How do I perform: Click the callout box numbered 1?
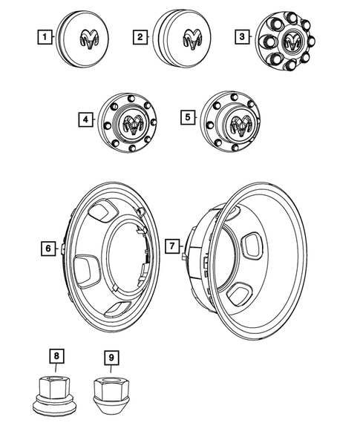46,36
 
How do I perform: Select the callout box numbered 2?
139,36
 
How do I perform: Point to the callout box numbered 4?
87,118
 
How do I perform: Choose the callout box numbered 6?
48,248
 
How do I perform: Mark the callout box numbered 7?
172,245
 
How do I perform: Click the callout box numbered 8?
56,356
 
